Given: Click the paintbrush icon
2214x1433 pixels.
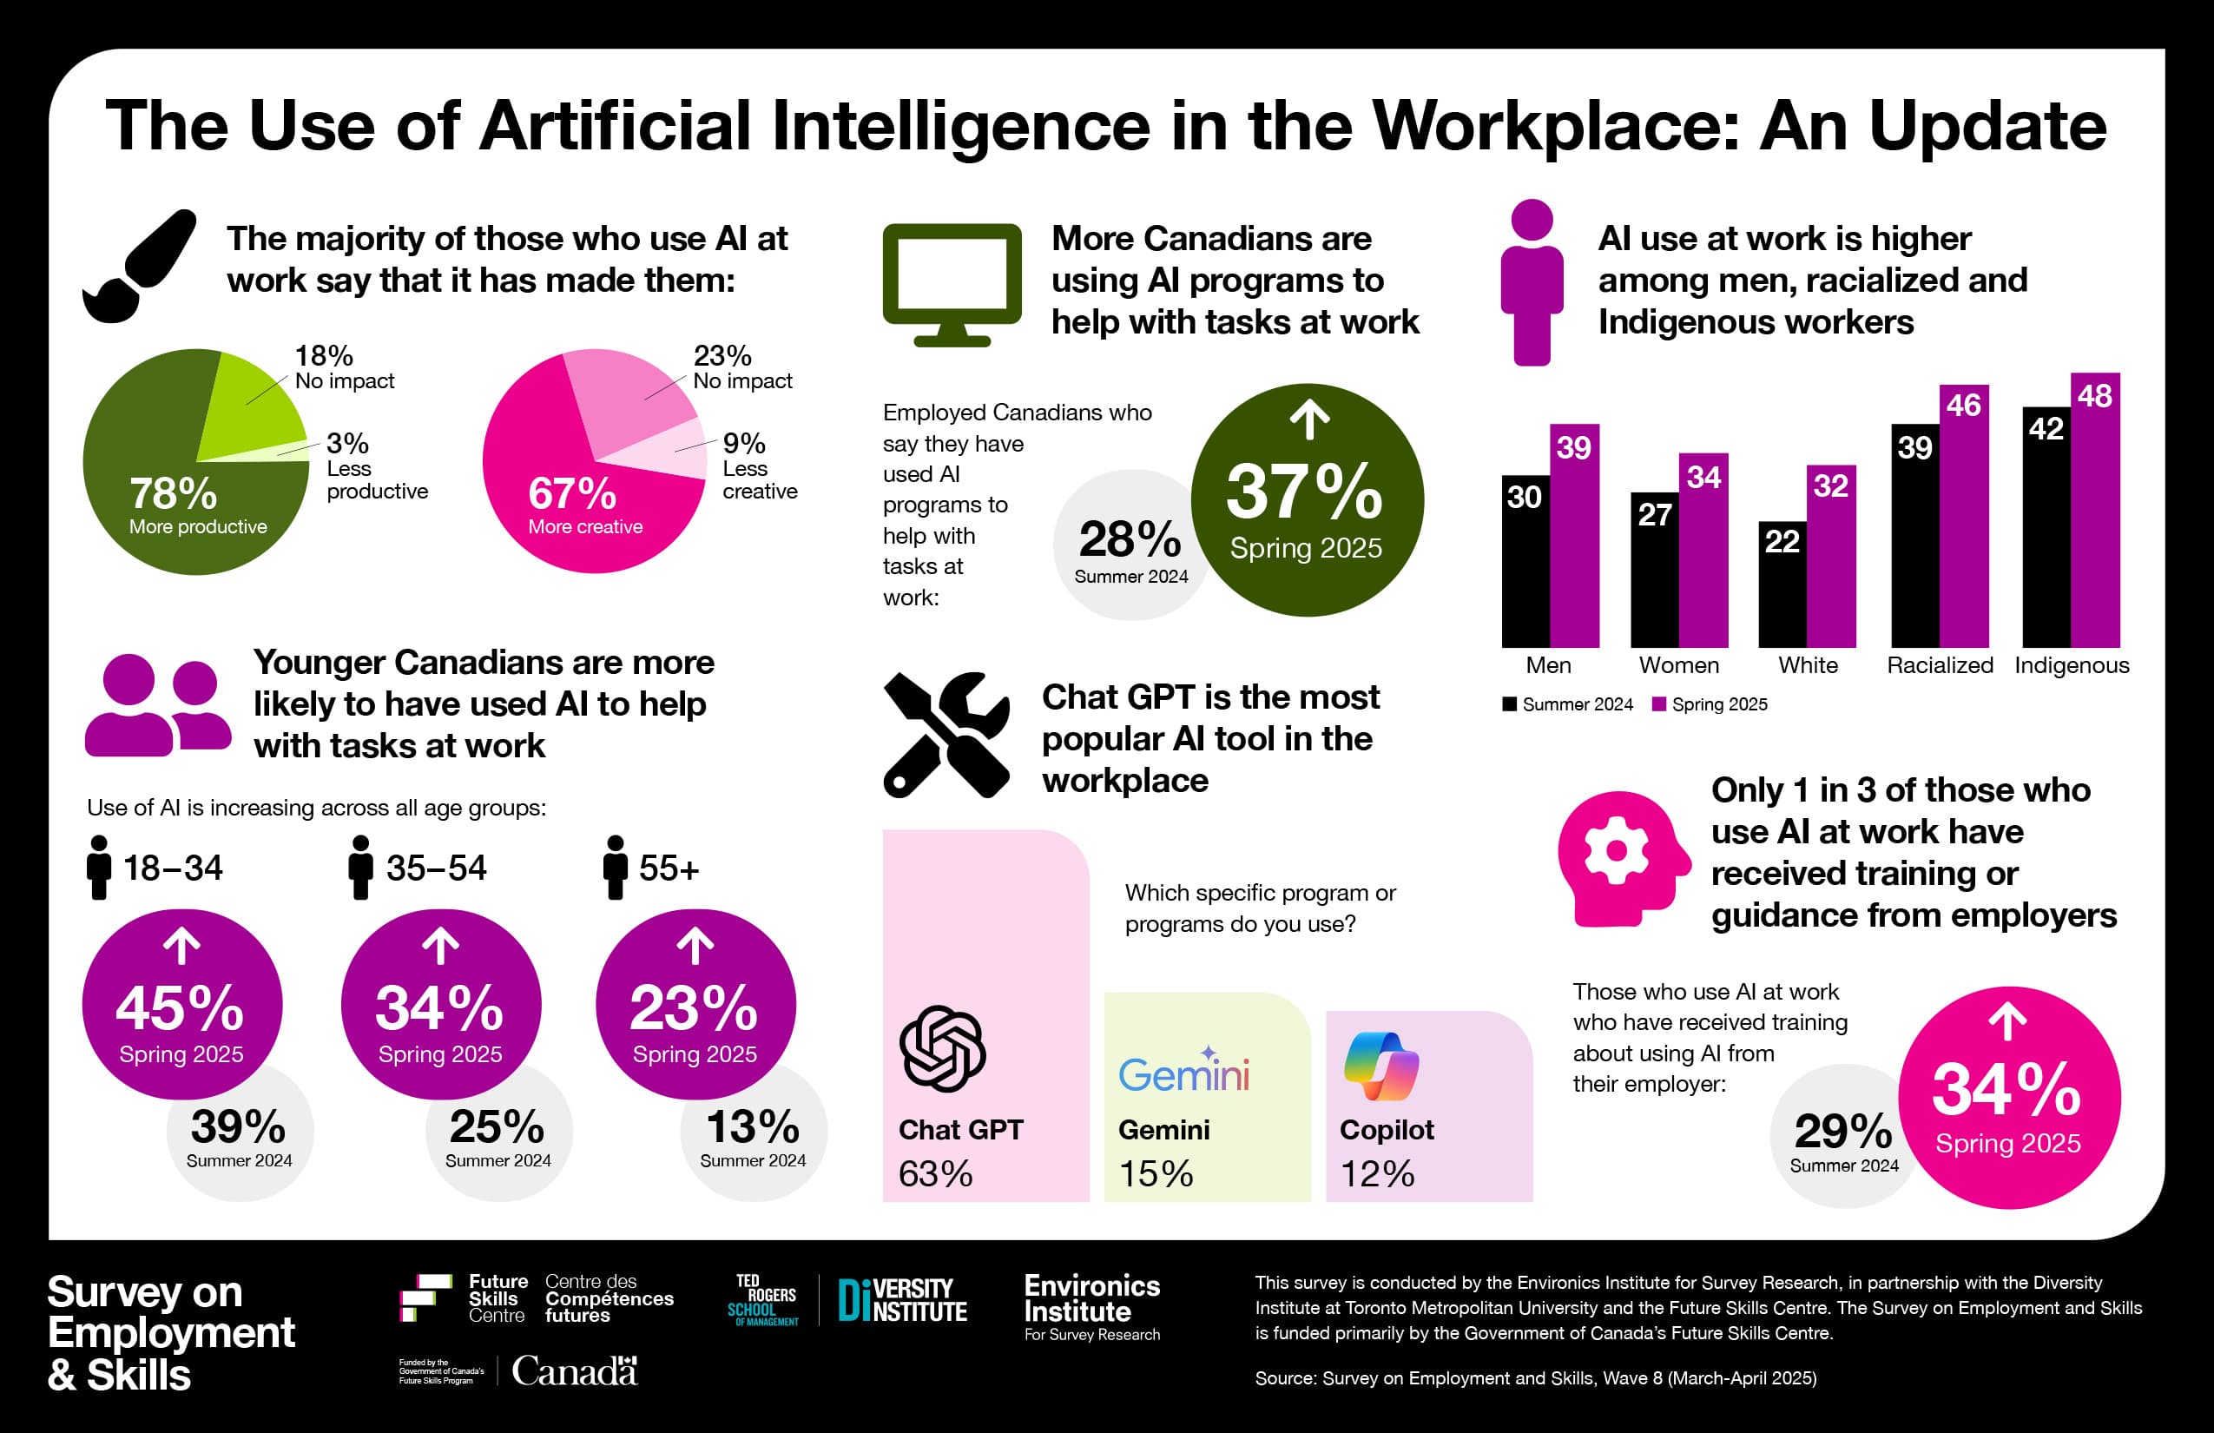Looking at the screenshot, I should tap(140, 266).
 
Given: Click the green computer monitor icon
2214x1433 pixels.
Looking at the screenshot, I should tap(951, 284).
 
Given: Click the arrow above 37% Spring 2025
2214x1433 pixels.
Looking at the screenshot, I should tap(1309, 419).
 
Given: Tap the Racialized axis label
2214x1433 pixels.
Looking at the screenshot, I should tap(1940, 665).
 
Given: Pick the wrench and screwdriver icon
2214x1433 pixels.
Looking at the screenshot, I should tap(946, 735).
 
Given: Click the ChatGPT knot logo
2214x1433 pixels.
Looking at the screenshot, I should tap(941, 1049).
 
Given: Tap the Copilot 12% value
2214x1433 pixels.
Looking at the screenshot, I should tap(1376, 1174).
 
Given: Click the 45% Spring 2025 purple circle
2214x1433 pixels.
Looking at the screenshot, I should tap(181, 1004).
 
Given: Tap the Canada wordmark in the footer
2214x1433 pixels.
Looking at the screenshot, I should tap(574, 1371).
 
